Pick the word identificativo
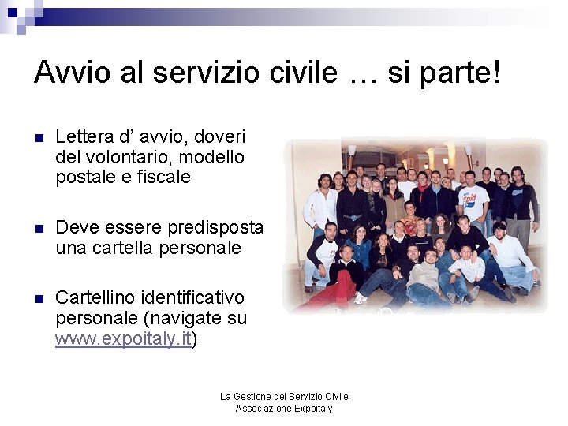pos(194,298)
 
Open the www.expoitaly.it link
pos(124,339)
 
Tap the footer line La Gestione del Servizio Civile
pos(284,396)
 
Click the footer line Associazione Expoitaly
pos(284,409)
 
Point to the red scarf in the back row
pos(424,190)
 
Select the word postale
pos(84,177)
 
